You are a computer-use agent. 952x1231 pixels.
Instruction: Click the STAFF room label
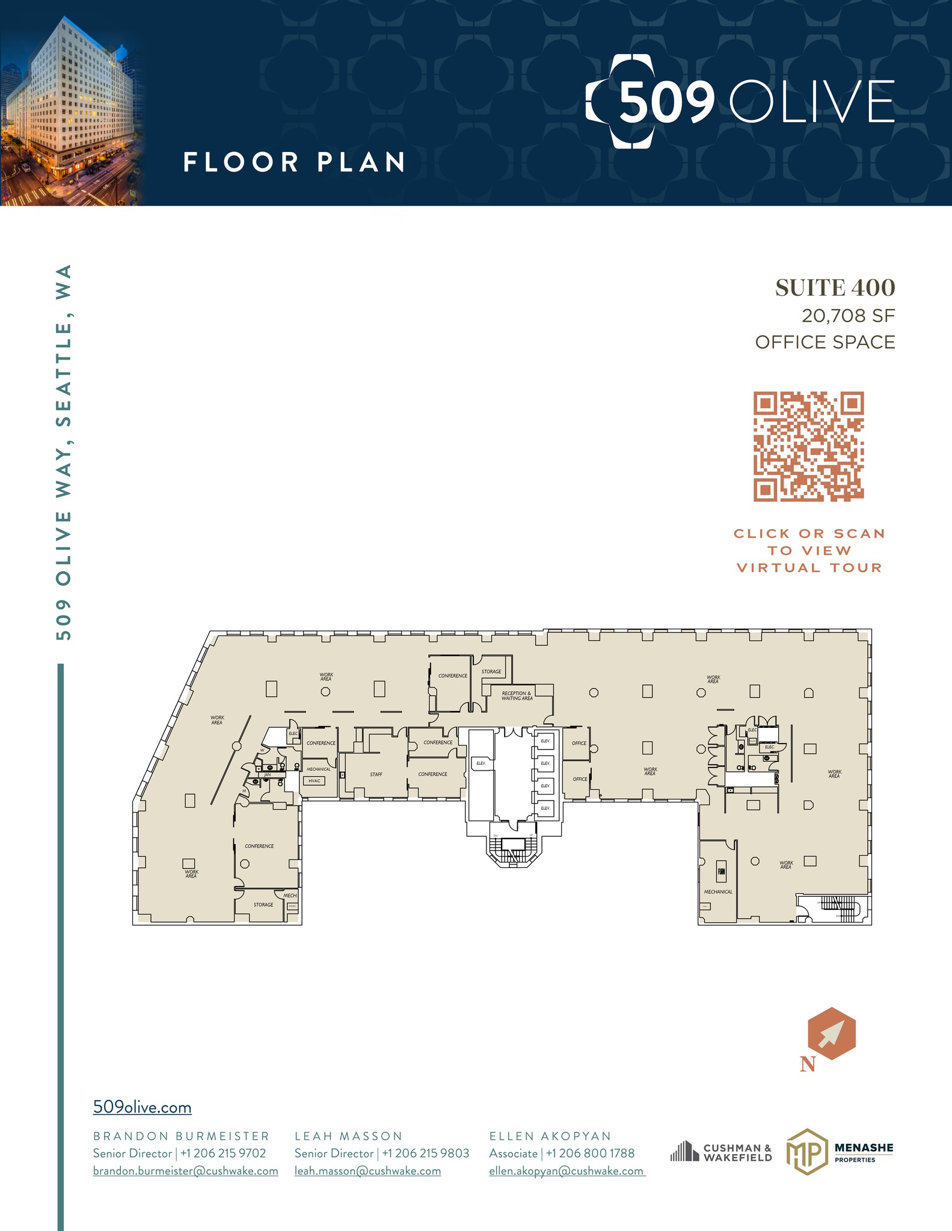376,774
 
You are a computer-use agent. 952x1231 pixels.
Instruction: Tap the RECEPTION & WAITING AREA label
517,695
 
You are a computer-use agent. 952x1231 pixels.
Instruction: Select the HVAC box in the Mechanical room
315,781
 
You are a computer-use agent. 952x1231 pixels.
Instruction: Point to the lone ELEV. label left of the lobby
481,763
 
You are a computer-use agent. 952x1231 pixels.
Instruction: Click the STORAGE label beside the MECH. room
263,905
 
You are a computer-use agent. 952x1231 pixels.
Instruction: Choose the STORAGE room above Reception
491,671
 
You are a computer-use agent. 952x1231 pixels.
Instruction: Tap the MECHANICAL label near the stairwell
718,892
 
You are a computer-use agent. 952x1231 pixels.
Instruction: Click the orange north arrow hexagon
831,1033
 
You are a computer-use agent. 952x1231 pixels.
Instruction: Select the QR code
809,447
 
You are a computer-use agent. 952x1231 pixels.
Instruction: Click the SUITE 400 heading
835,288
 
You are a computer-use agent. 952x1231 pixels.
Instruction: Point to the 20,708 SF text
848,316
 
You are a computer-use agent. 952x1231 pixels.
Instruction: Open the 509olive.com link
143,1107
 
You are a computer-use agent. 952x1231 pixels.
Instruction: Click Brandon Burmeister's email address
185,1171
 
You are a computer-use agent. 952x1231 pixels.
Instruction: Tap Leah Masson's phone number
425,1153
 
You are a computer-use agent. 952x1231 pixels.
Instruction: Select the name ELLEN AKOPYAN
550,1136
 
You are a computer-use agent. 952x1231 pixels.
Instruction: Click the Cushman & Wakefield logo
721,1152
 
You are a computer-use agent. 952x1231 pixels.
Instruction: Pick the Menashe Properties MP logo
806,1152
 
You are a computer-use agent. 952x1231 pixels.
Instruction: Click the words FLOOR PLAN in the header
294,162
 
